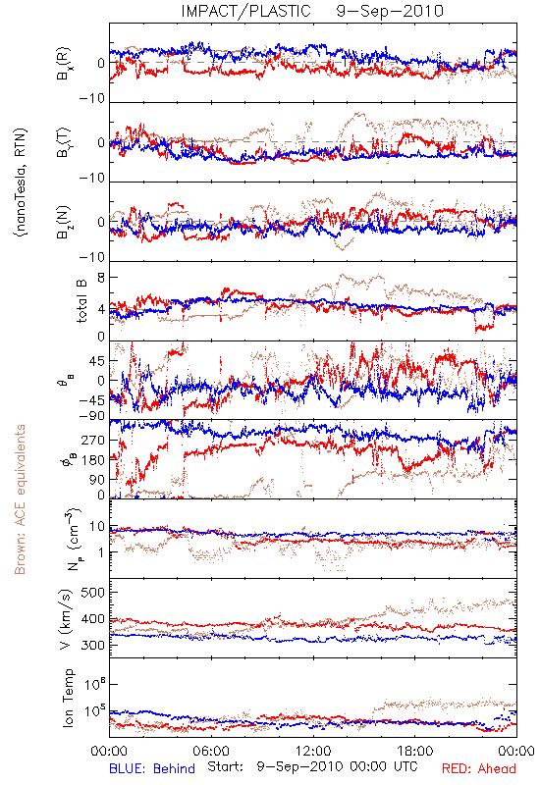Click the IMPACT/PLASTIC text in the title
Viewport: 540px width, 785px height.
[246, 11]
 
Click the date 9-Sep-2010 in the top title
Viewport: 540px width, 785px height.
[390, 11]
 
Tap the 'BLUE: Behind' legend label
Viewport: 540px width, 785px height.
[152, 768]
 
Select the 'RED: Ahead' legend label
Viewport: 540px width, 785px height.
[479, 768]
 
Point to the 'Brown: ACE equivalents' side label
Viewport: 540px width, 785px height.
[20, 499]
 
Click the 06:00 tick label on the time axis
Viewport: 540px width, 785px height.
[211, 751]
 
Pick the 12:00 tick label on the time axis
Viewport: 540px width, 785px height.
[313, 751]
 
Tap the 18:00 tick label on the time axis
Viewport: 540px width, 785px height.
[414, 751]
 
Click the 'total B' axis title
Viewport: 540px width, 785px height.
[81, 301]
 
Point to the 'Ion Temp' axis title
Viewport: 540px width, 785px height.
[68, 698]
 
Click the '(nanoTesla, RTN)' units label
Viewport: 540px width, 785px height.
[20, 183]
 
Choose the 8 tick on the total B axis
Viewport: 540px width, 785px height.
[101, 278]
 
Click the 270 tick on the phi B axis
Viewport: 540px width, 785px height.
[94, 441]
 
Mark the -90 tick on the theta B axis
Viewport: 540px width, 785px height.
[92, 416]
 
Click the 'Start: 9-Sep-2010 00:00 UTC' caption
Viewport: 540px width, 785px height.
[312, 766]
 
